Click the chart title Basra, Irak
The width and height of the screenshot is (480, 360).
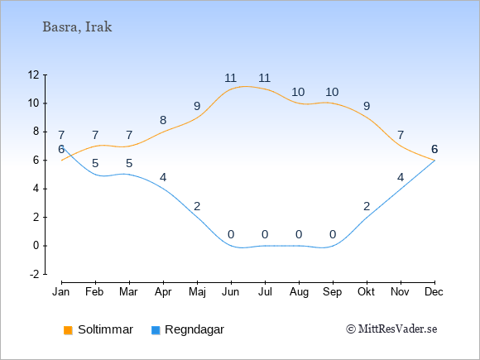(77, 27)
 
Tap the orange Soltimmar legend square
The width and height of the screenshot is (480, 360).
(68, 330)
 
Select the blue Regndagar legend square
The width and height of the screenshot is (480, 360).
(156, 330)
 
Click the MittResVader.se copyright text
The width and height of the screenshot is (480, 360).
(391, 329)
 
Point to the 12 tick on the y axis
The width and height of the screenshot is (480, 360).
(34, 74)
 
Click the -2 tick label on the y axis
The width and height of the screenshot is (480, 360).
(35, 274)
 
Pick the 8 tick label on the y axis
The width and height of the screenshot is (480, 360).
(36, 132)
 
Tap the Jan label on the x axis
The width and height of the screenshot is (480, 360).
(61, 292)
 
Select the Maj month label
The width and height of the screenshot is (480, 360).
(197, 292)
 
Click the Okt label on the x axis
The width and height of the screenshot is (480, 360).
(366, 292)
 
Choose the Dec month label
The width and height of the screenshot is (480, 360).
(434, 292)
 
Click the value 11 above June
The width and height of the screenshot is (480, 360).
(231, 78)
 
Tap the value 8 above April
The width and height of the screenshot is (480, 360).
(163, 120)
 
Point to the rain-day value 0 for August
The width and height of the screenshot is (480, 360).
(299, 235)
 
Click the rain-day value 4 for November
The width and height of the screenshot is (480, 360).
(401, 178)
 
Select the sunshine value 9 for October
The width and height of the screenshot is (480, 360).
(367, 106)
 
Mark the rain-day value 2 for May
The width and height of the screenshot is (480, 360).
(197, 206)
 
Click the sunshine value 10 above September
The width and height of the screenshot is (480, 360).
(332, 92)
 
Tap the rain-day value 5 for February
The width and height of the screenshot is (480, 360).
(95, 164)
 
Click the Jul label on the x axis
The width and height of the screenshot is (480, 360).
(265, 292)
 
